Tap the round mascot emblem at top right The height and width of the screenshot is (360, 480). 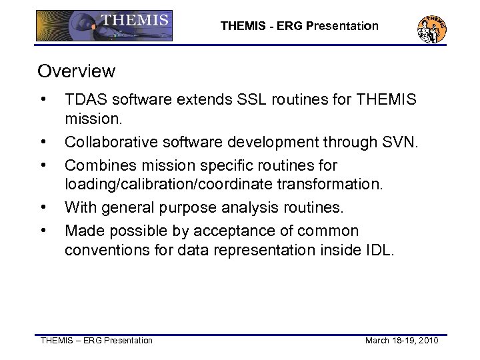431,29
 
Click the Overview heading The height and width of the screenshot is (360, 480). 76,71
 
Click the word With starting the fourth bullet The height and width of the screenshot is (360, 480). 80,209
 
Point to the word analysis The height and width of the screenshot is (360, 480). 251,209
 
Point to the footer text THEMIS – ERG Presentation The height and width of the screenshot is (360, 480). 97,341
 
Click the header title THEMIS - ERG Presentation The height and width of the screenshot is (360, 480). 299,26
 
